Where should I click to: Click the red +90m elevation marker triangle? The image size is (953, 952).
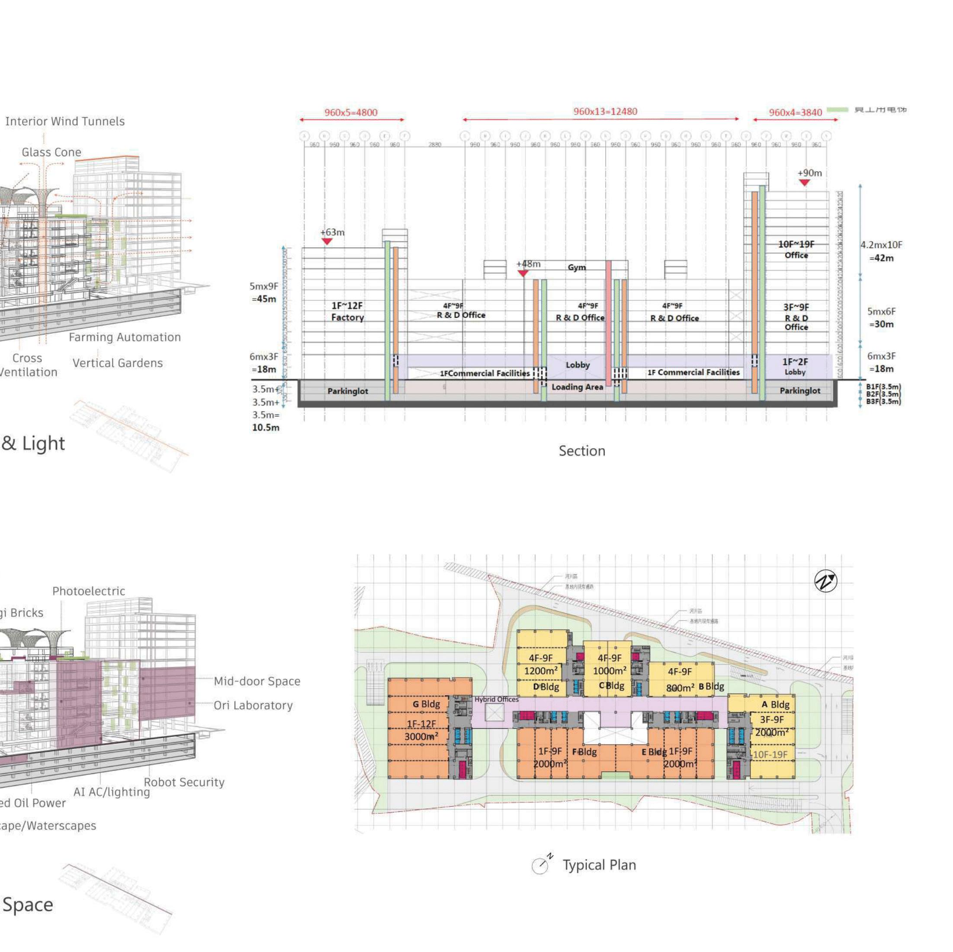[x=805, y=183]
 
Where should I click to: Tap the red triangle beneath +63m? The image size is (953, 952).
[x=327, y=241]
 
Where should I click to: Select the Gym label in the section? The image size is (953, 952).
[x=577, y=267]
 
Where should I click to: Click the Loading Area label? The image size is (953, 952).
[x=577, y=387]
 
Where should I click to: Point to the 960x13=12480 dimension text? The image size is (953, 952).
[x=605, y=112]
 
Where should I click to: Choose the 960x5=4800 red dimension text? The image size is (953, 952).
[x=351, y=113]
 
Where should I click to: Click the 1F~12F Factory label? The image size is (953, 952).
[x=347, y=312]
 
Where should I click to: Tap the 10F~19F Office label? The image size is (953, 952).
[x=796, y=250]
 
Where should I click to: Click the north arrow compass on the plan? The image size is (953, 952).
[x=826, y=581]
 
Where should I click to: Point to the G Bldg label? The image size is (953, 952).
[x=426, y=704]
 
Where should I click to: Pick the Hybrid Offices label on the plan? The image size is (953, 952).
[x=496, y=699]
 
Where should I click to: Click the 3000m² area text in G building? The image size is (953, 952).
[x=421, y=737]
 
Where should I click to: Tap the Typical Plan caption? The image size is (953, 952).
[x=599, y=865]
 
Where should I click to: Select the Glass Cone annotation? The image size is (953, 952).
[x=51, y=152]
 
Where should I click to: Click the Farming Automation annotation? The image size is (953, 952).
[x=125, y=338]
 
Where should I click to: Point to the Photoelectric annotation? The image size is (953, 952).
[x=89, y=591]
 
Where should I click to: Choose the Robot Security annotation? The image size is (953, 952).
[x=184, y=782]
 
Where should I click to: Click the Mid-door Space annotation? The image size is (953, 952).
[x=257, y=682]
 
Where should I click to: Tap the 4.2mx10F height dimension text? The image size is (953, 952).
[x=882, y=245]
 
